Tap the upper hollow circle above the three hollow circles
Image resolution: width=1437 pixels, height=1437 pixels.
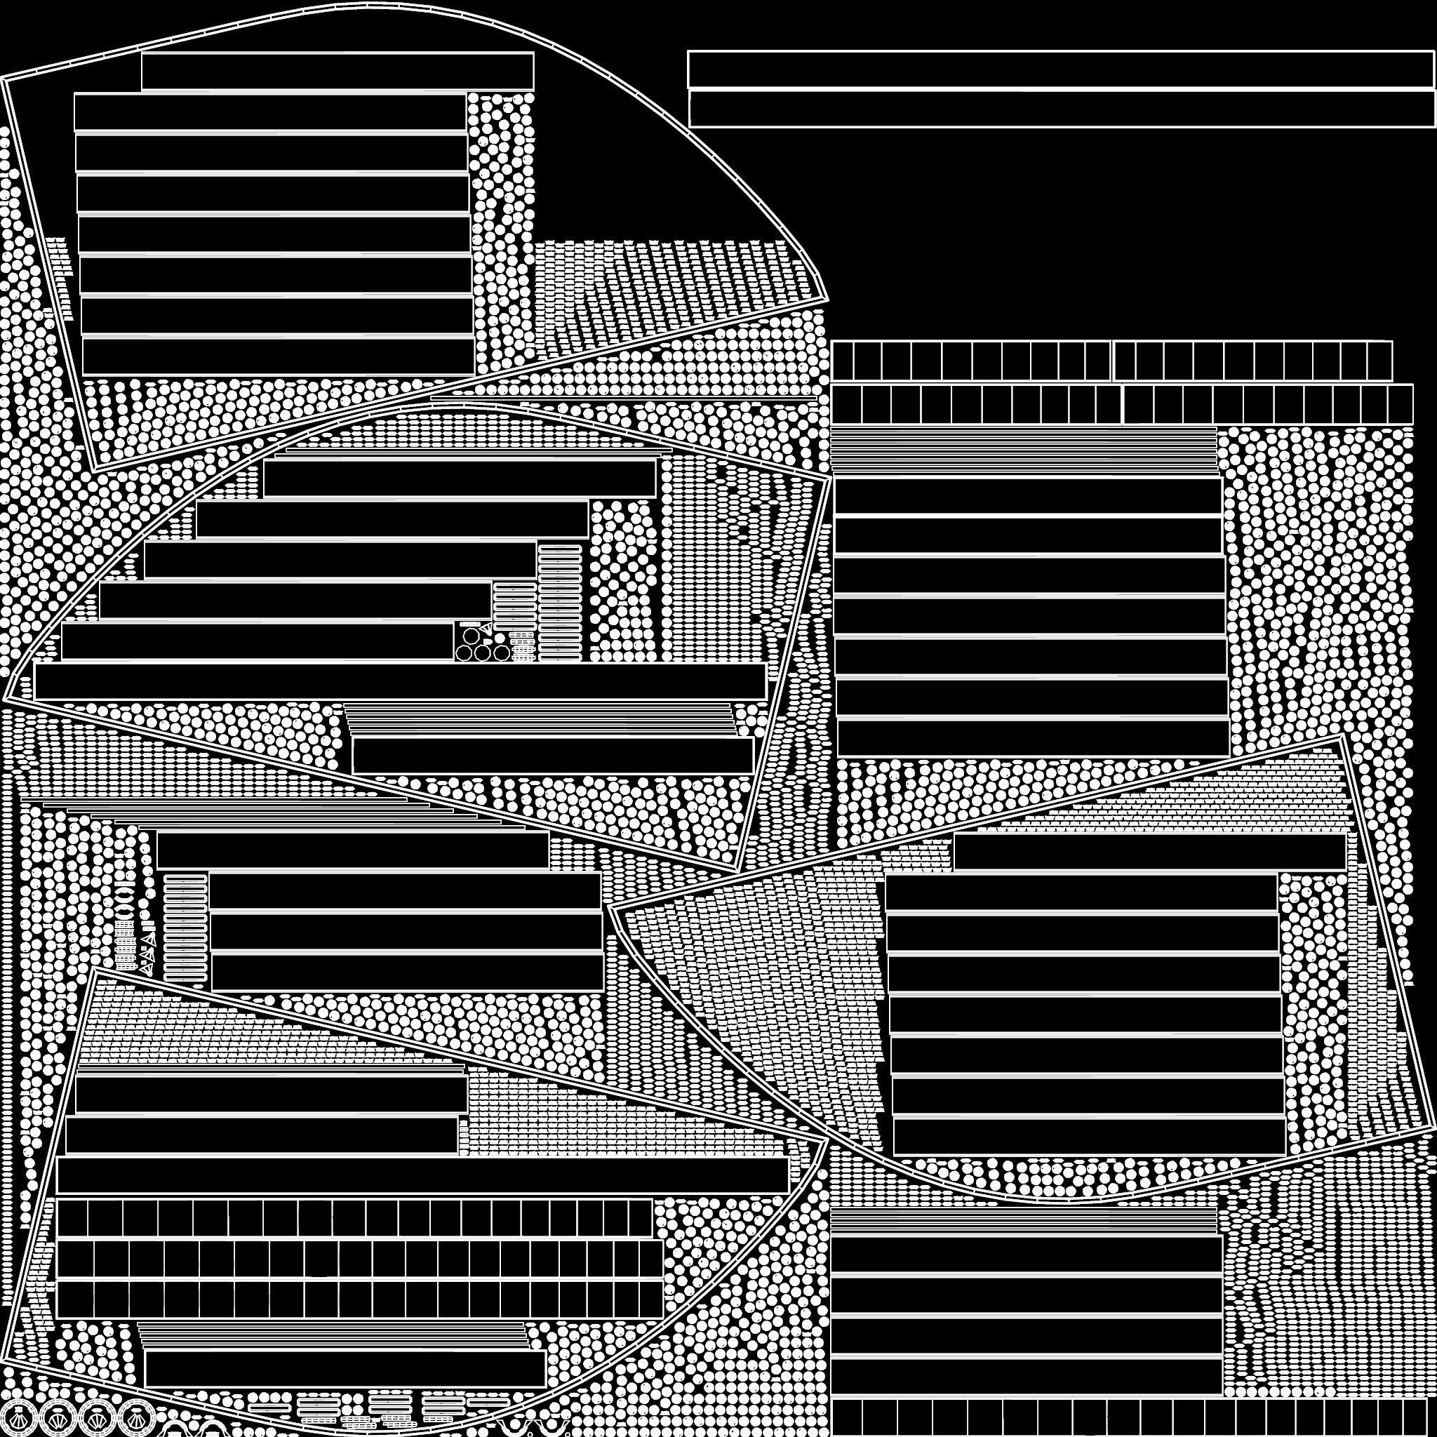pos(471,636)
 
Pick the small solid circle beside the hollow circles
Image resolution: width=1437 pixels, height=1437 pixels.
pos(500,639)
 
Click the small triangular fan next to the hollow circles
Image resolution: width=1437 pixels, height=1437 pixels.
pos(486,629)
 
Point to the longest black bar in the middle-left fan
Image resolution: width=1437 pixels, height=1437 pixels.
pos(400,681)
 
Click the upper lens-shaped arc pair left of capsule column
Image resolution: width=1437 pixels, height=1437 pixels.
pos(124,895)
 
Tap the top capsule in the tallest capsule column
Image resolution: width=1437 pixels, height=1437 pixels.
pos(559,551)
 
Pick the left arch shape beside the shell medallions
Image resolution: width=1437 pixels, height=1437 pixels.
pos(175,1422)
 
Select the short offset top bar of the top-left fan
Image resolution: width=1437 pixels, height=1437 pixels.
pos(337,72)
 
